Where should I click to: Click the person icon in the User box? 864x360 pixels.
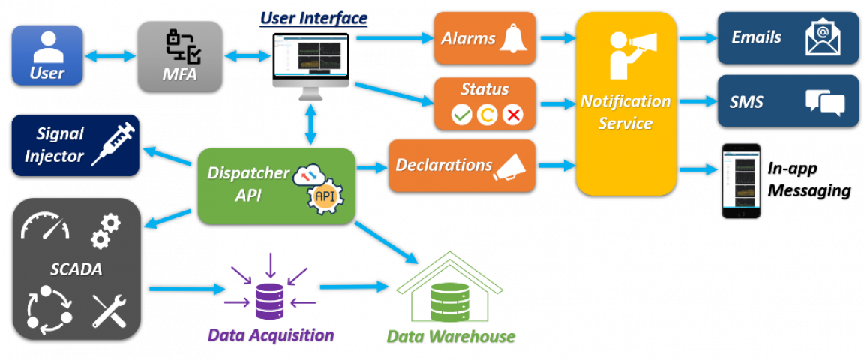coord(47,46)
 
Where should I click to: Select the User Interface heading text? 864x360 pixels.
coord(313,17)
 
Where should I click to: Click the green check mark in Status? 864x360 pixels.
coord(460,115)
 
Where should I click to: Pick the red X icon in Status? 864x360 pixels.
coord(512,115)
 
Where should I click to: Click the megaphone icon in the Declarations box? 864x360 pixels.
coord(514,166)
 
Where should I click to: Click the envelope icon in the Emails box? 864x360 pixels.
coord(823,38)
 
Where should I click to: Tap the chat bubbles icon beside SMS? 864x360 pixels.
coord(824,102)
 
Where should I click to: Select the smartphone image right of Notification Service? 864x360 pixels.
coord(741,181)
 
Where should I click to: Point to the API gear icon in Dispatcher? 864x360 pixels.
coord(324,196)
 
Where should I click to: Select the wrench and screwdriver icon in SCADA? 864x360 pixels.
coord(109,310)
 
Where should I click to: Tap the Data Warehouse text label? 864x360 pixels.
coord(450,336)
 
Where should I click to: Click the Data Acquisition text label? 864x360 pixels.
coord(270,334)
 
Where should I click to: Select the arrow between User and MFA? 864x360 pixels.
coord(110,55)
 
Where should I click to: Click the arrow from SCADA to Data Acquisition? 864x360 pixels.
coord(188,288)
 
